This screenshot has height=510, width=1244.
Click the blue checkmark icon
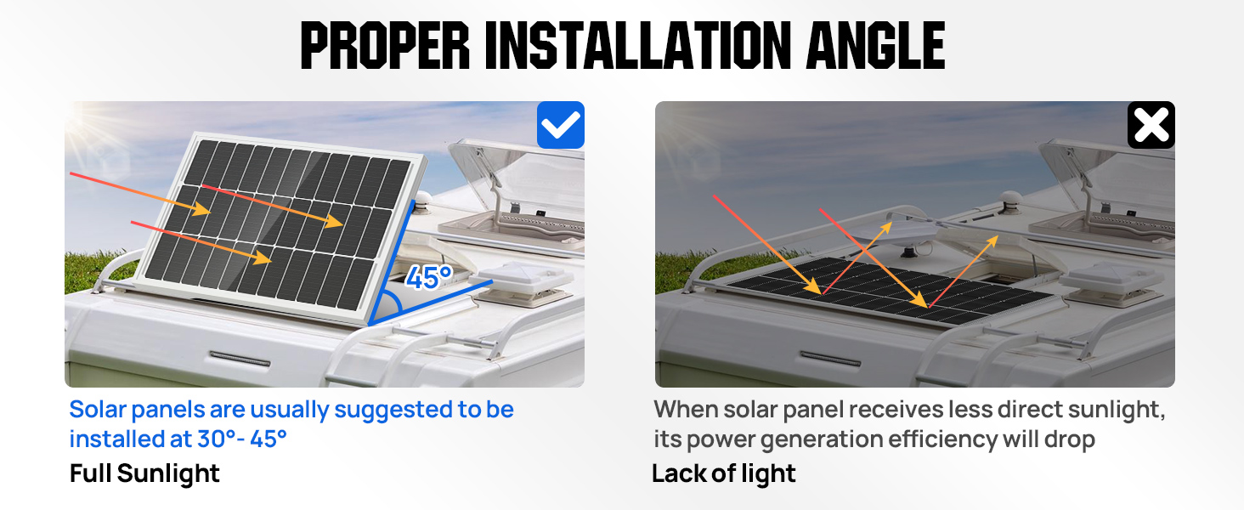[x=560, y=125]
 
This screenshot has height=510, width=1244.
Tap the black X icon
[x=1151, y=125]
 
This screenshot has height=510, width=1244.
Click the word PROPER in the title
[x=386, y=46]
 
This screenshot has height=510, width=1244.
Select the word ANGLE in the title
[x=875, y=46]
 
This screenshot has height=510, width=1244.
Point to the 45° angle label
[x=429, y=277]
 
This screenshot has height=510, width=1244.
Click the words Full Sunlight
[x=144, y=473]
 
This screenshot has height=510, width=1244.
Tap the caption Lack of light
[x=724, y=473]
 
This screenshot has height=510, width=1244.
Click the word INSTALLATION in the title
[x=638, y=46]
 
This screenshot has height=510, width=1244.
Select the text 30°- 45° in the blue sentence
[x=241, y=439]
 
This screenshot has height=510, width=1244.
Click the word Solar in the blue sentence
[x=99, y=410]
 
